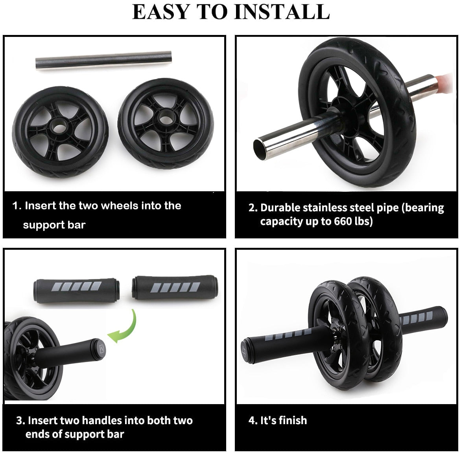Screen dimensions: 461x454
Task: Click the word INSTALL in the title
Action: tap(282, 11)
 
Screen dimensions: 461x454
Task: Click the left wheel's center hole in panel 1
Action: tap(59, 130)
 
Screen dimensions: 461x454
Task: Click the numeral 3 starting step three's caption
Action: tap(20, 421)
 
